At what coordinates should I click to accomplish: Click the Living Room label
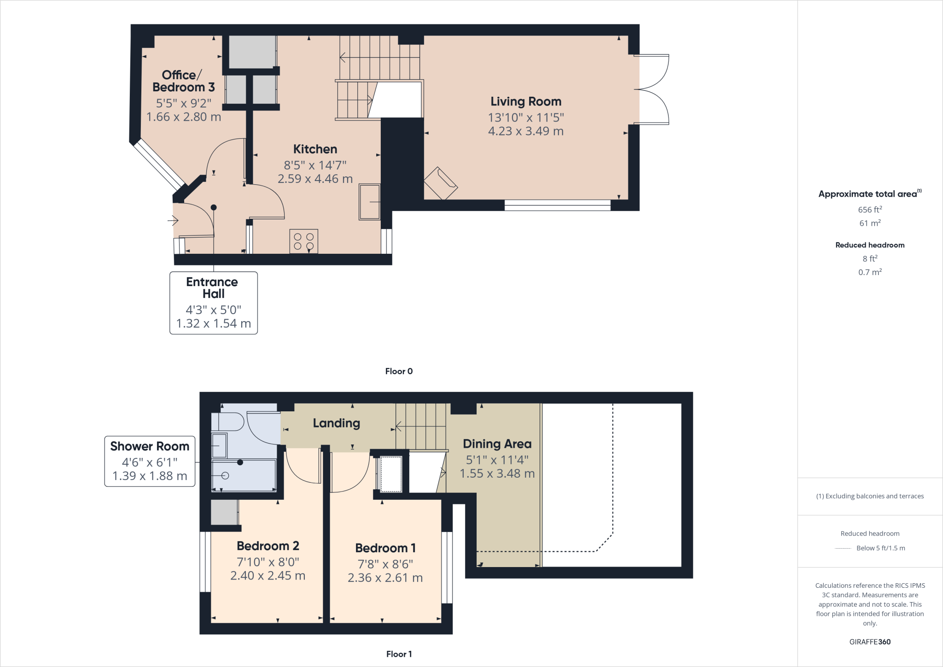coord(526,101)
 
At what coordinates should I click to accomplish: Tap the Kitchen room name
coord(315,149)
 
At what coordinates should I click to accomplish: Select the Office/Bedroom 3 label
coord(184,81)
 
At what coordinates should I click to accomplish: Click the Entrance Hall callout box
coord(214,303)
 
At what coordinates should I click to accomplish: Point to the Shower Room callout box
coord(150,461)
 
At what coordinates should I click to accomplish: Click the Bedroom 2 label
coord(268,546)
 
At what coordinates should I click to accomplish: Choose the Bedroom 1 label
coord(385,548)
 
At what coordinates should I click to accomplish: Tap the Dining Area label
coord(497,444)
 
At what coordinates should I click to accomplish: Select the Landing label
coord(337,423)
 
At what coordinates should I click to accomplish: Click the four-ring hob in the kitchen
coord(304,241)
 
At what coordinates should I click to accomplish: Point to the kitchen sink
coord(370,202)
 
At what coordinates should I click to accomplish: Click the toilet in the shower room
coord(227,421)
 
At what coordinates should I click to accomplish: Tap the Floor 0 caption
coord(399,371)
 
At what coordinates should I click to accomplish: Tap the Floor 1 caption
coord(399,654)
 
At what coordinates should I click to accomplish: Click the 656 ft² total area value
coord(870,210)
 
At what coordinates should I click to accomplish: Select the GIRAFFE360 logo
coord(870,642)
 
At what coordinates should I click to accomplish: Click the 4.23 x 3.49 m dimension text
coord(526,131)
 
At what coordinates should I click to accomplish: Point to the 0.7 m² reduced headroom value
coord(870,272)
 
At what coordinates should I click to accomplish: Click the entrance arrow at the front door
coord(173,221)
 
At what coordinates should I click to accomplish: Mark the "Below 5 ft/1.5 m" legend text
coord(881,548)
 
